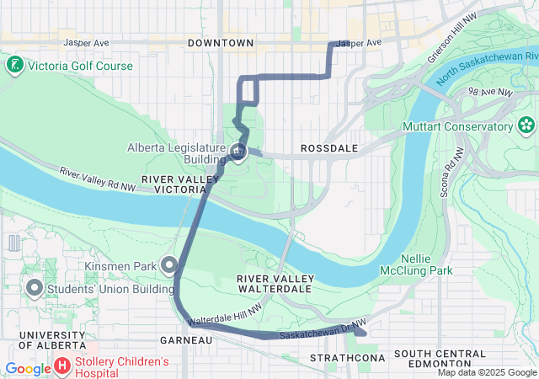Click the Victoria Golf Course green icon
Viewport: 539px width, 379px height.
[14, 65]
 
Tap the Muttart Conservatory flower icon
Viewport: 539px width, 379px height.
[527, 126]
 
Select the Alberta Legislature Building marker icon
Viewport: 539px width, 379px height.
[238, 152]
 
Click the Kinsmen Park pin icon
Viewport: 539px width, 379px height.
[169, 266]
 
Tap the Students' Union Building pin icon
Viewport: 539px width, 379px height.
[35, 288]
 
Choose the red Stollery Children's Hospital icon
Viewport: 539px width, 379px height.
[62, 366]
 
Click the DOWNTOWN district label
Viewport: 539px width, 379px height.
[221, 42]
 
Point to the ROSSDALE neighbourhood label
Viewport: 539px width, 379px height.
[329, 148]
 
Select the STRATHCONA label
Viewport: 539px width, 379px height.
[334, 358]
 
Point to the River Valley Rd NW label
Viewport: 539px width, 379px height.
[98, 178]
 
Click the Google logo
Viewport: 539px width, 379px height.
[28, 368]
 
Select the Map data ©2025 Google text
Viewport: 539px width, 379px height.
[486, 372]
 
